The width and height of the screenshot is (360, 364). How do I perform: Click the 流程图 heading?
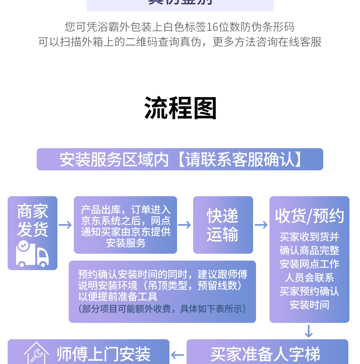pos(180,108)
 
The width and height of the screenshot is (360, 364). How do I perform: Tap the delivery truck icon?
pos(32,253)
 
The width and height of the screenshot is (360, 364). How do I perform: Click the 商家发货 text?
pos(32,220)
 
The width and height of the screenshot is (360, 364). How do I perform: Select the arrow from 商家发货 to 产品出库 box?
pos(65,225)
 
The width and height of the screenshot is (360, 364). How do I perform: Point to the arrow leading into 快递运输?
pos(185,225)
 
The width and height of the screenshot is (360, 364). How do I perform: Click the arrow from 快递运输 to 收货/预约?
pos(261,225)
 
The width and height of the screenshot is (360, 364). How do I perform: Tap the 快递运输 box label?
pos(223,225)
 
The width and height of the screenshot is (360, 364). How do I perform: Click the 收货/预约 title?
pos(309,216)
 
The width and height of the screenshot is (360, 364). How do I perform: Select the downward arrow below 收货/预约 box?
pos(309,331)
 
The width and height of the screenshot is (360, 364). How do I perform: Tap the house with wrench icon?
pos(36,353)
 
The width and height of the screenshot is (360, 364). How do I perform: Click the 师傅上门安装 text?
pos(103,354)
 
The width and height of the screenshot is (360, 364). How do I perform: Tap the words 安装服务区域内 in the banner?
pos(114,159)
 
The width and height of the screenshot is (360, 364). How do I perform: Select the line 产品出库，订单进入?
pos(125,210)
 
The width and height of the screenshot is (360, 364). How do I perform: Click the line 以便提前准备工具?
pos(118,296)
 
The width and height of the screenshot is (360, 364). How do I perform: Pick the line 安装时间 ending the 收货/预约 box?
pos(309,305)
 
